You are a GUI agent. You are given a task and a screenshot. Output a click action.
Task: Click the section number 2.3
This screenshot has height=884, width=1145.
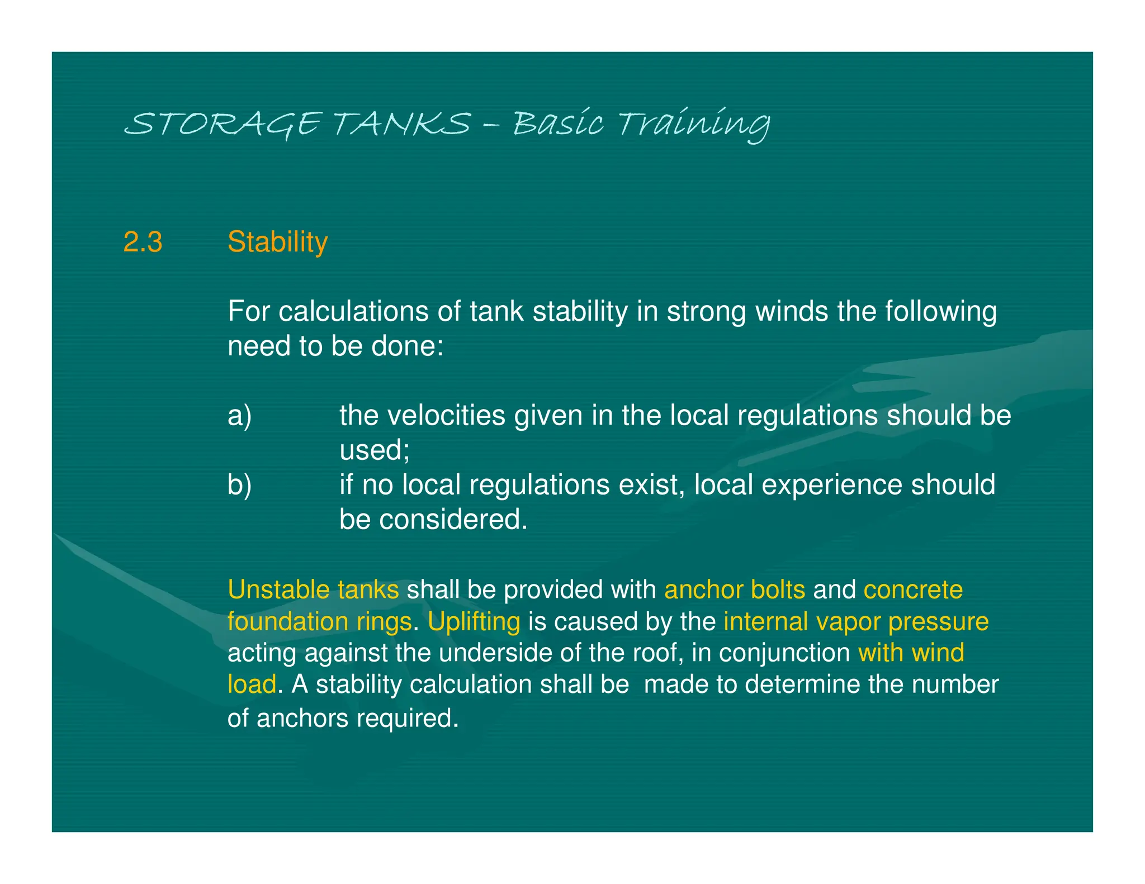click(143, 243)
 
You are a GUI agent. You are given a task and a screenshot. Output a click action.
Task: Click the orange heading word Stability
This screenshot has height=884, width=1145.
click(277, 243)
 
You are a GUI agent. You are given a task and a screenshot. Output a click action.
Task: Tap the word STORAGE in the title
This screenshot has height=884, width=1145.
click(223, 123)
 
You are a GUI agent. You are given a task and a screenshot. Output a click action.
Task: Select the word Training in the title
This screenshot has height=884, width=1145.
click(694, 123)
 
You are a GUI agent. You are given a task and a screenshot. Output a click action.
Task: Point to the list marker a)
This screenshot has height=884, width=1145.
click(239, 416)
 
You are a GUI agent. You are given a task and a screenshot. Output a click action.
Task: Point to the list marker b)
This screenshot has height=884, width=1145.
click(239, 484)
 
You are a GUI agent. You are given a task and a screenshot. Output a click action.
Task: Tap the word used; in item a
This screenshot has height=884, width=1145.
click(375, 450)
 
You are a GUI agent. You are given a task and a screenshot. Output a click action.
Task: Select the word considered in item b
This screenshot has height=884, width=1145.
click(452, 520)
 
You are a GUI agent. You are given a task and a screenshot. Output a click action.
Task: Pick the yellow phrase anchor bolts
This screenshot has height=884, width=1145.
click(735, 590)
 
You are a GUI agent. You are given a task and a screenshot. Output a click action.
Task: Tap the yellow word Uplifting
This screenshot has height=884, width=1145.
click(474, 622)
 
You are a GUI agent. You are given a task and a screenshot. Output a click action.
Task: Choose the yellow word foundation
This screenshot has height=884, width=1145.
click(282, 622)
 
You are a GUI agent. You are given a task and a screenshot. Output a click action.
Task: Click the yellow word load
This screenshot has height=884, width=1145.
click(252, 685)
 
